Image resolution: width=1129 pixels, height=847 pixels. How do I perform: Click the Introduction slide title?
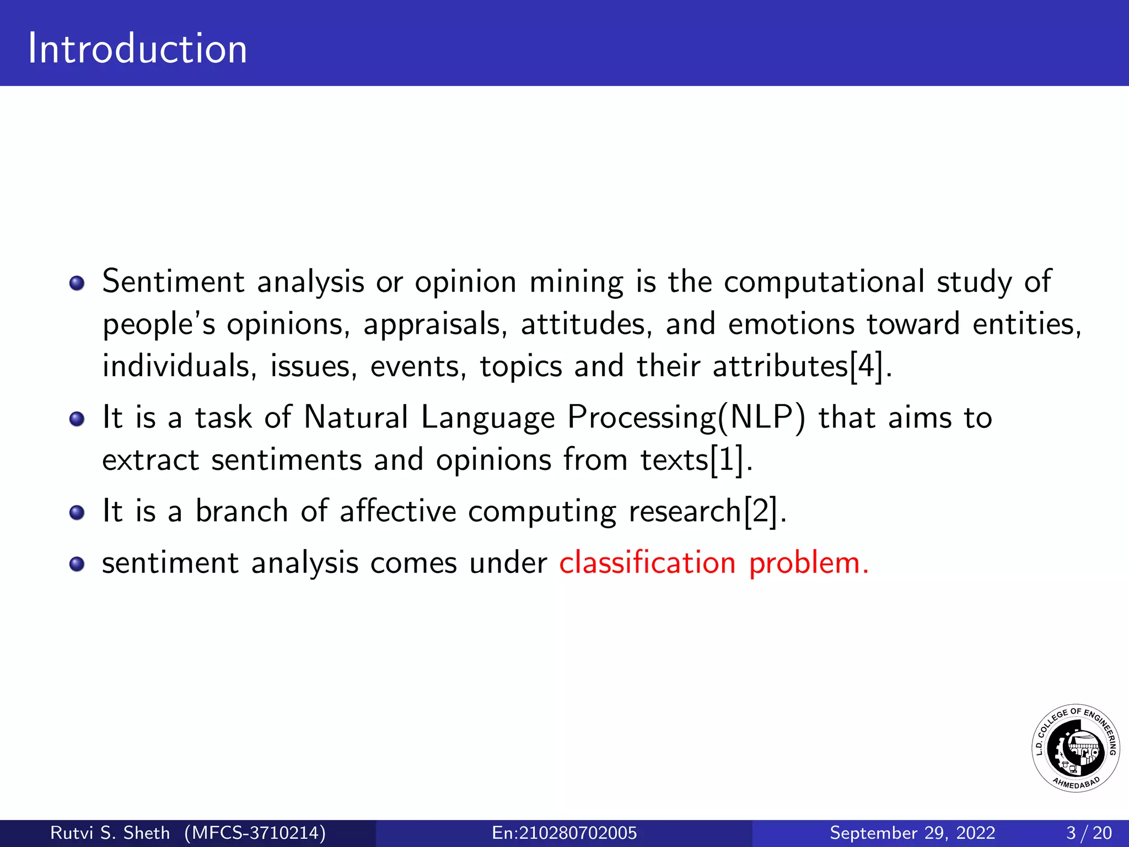click(x=138, y=49)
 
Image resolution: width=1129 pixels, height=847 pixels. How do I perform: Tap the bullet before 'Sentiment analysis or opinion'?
click(x=77, y=283)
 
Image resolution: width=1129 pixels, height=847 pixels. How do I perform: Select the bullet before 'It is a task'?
click(x=77, y=419)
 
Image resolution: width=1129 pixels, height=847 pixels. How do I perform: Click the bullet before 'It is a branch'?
click(x=77, y=513)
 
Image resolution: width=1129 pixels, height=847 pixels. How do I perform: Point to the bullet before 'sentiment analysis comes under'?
click(x=77, y=565)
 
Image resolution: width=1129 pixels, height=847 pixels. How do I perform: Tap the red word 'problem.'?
click(x=809, y=564)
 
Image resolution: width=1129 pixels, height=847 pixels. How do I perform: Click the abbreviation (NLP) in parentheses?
click(x=761, y=417)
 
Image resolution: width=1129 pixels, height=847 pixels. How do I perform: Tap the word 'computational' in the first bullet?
click(x=824, y=282)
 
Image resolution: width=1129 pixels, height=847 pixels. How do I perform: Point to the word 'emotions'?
click(x=791, y=324)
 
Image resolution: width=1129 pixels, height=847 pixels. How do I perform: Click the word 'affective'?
click(x=397, y=511)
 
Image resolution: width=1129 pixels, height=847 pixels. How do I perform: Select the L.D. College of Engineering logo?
click(x=1075, y=748)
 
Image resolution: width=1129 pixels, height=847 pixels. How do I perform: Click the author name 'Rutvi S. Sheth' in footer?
click(x=110, y=833)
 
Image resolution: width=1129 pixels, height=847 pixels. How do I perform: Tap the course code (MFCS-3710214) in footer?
click(x=255, y=833)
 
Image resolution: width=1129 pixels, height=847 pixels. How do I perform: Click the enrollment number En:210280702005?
click(x=564, y=833)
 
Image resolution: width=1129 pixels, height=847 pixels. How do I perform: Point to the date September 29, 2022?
click(x=912, y=833)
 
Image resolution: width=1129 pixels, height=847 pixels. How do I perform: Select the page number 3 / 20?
click(x=1089, y=833)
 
